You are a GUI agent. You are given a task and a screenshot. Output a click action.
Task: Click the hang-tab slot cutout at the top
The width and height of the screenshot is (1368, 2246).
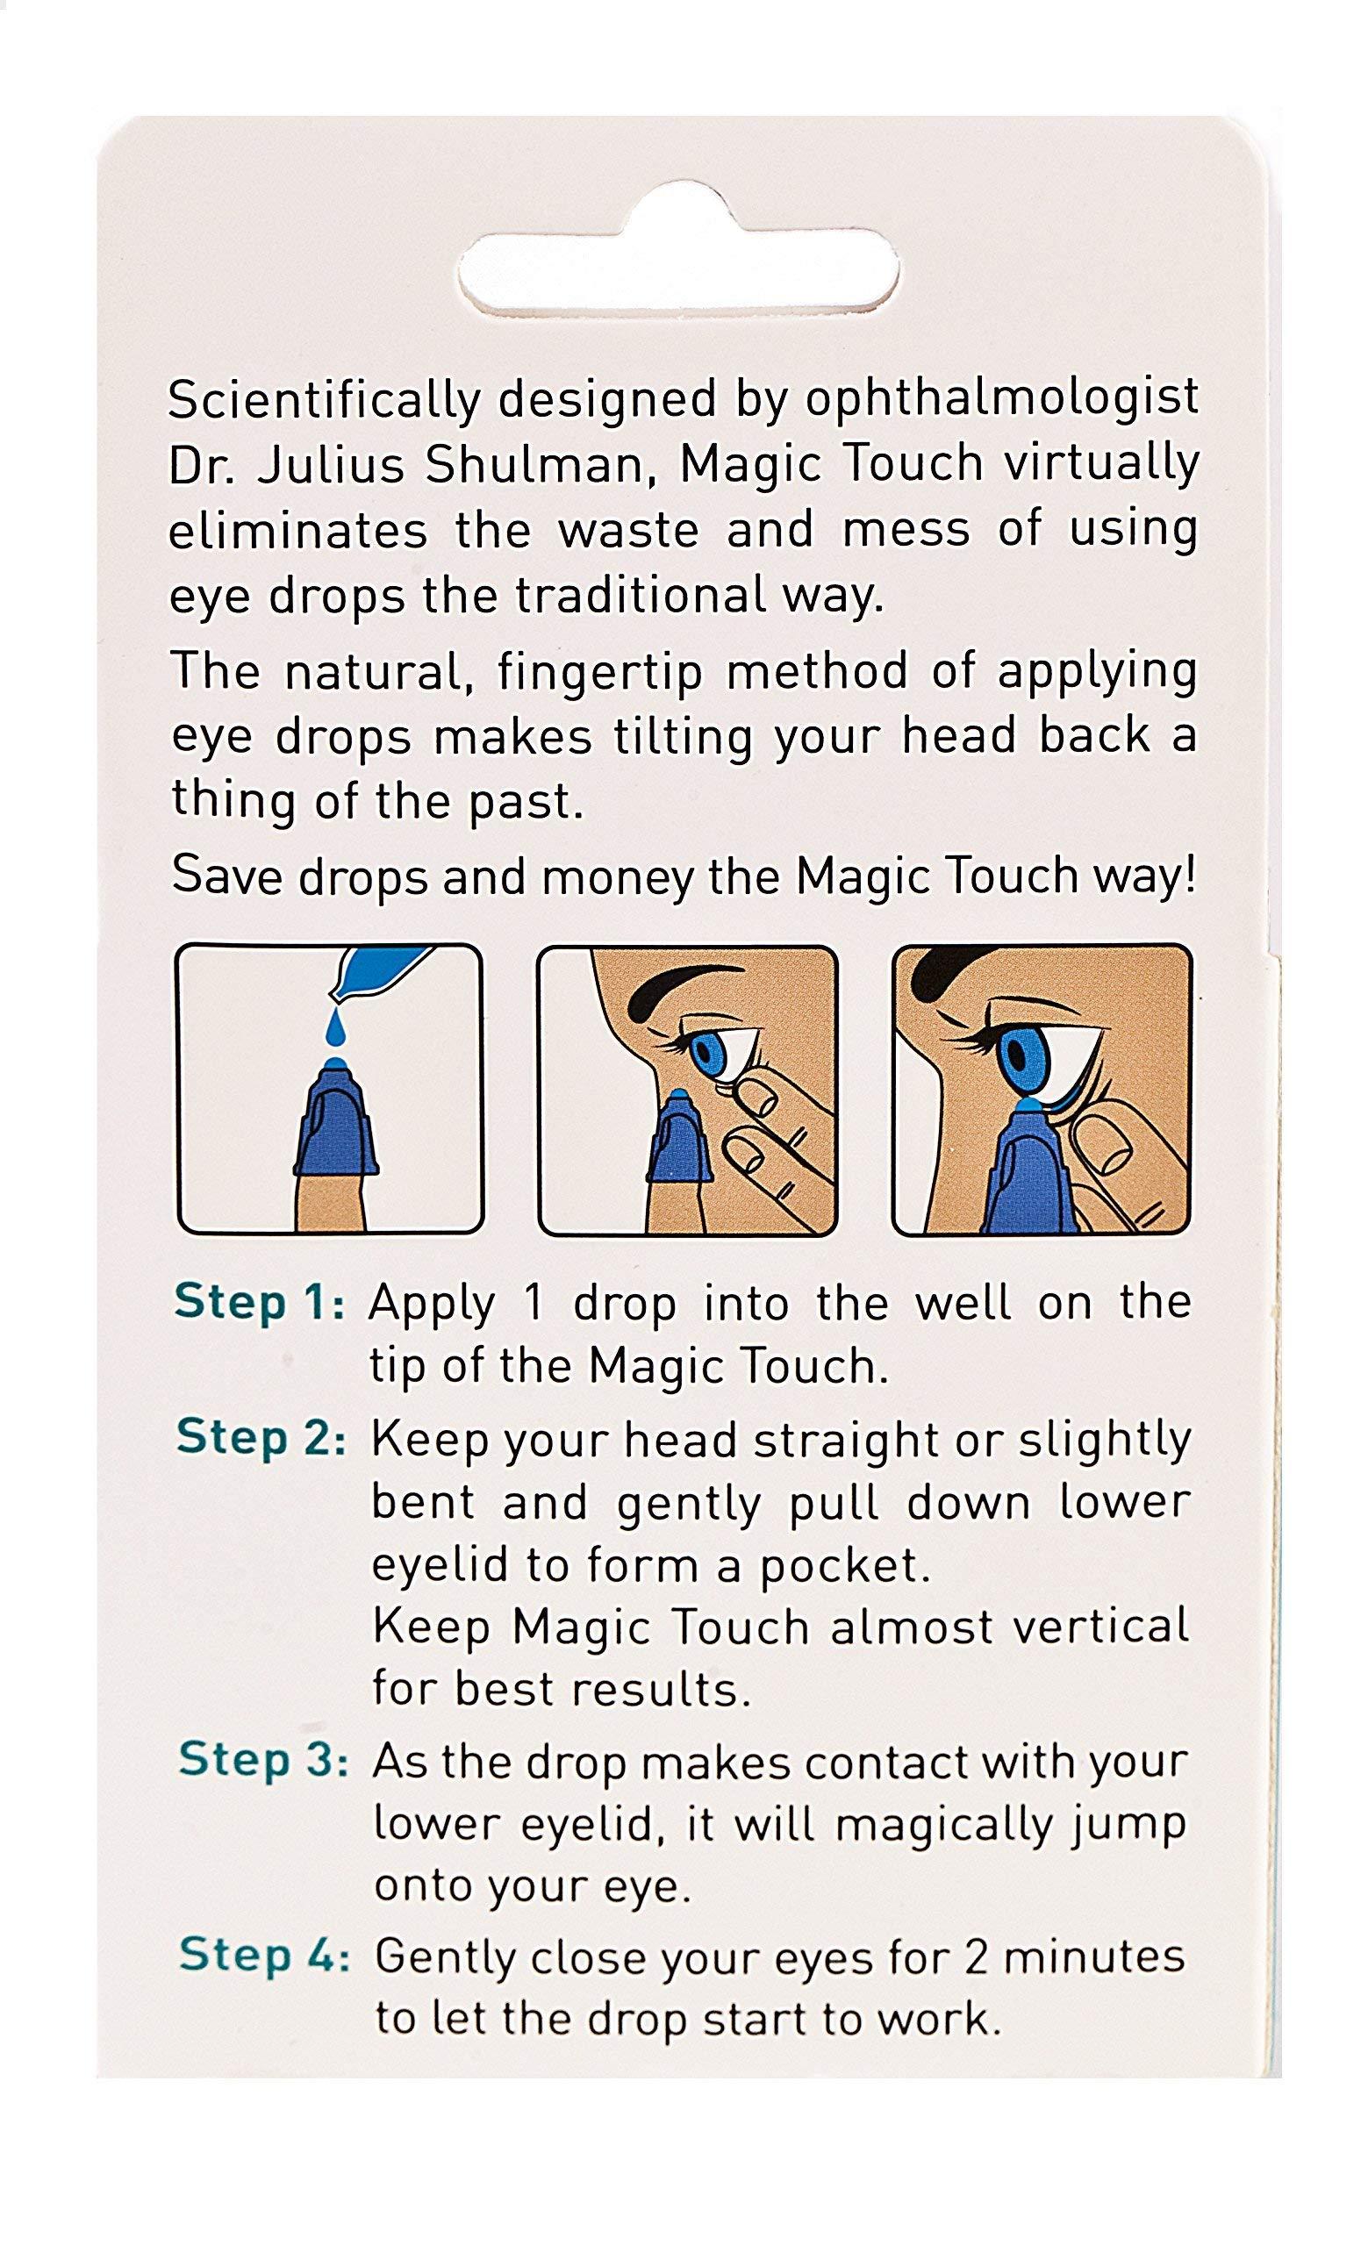[679, 275]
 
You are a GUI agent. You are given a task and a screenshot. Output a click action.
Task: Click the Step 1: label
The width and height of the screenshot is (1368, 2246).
[260, 1303]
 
